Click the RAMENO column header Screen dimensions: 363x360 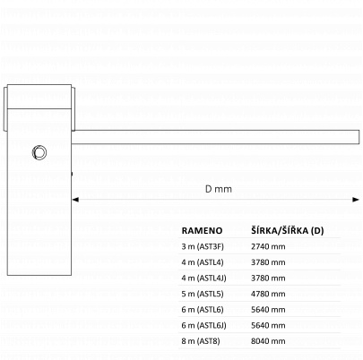click(x=202, y=230)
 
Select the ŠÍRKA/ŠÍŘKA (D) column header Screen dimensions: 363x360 click(x=288, y=230)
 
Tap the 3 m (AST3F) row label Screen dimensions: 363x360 click(x=203, y=246)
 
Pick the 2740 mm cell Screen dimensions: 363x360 click(x=268, y=246)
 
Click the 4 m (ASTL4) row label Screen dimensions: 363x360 click(x=203, y=262)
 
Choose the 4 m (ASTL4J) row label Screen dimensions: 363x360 click(x=203, y=279)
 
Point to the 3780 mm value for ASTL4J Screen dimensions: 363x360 click(x=268, y=279)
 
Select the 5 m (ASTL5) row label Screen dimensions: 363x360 click(x=203, y=294)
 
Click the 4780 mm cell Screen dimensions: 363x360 click(x=268, y=294)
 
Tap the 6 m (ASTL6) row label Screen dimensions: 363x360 click(x=203, y=310)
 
